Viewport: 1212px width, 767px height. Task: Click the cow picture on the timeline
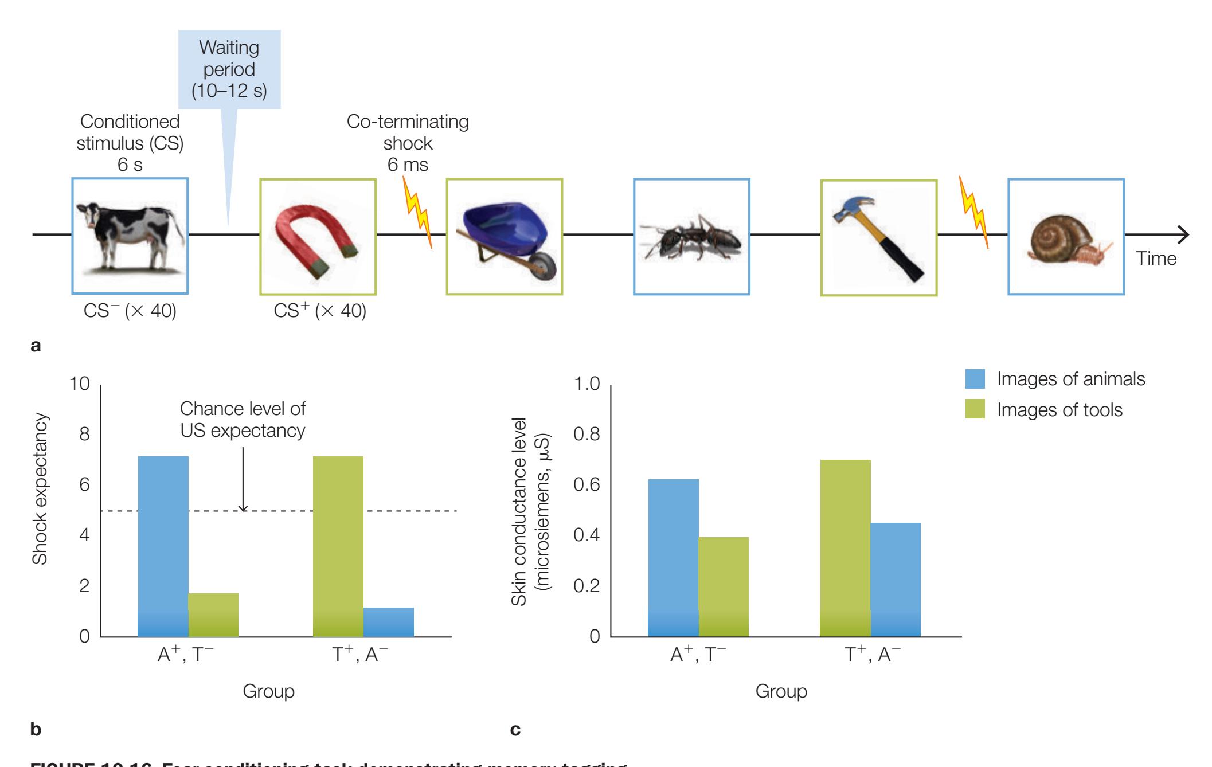pos(130,236)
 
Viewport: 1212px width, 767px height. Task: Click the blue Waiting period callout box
pos(229,69)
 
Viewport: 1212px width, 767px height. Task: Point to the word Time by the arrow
pos(1156,259)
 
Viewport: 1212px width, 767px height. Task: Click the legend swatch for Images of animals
pos(975,379)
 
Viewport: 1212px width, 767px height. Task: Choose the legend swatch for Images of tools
pos(975,409)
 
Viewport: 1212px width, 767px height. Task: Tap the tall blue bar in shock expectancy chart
pos(163,545)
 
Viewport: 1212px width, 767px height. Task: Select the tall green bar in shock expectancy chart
pos(338,545)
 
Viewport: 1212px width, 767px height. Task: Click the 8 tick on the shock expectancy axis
pos(85,435)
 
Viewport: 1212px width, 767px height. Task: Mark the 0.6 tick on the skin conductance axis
pos(587,485)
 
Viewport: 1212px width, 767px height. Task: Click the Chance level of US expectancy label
pos(243,420)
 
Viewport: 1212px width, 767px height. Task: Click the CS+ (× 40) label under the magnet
pos(319,311)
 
